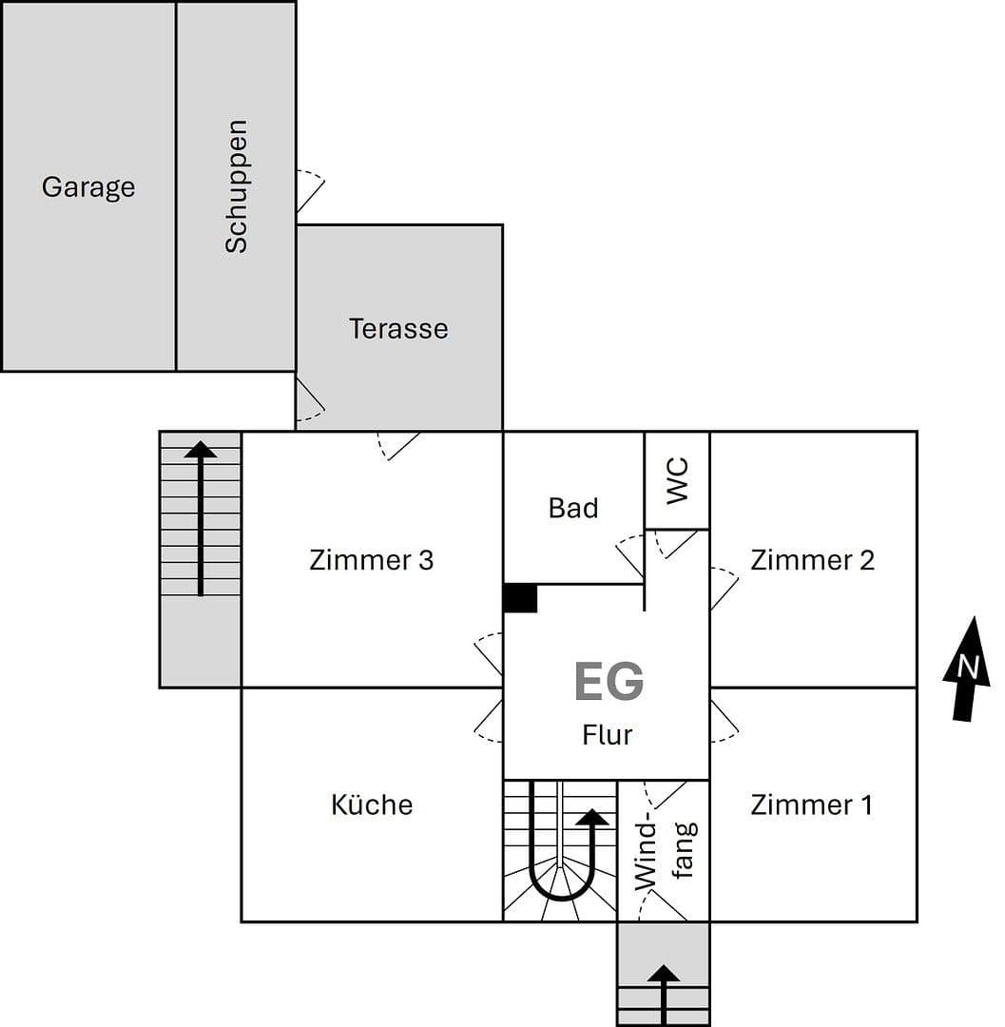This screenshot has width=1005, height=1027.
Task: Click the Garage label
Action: pyautogui.click(x=88, y=187)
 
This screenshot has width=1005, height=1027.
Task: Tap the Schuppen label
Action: pyautogui.click(x=236, y=186)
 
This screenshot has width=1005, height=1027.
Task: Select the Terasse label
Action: pyautogui.click(x=397, y=329)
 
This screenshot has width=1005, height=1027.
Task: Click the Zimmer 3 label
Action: pyautogui.click(x=371, y=560)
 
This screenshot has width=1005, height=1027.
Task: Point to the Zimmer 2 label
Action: pyautogui.click(x=812, y=560)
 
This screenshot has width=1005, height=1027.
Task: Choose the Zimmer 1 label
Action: pyautogui.click(x=811, y=805)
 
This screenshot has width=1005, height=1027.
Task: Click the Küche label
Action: pyautogui.click(x=372, y=805)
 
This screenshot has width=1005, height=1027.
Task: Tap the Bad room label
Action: pyautogui.click(x=573, y=509)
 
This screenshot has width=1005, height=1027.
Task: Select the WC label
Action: pyautogui.click(x=677, y=480)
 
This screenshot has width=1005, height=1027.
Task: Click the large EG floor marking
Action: pyautogui.click(x=609, y=682)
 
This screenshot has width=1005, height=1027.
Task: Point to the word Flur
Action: pyautogui.click(x=607, y=735)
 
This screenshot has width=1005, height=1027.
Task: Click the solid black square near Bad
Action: pyautogui.click(x=520, y=598)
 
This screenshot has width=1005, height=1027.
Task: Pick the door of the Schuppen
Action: pyautogui.click(x=310, y=191)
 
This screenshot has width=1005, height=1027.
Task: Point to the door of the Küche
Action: pyautogui.click(x=489, y=722)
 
